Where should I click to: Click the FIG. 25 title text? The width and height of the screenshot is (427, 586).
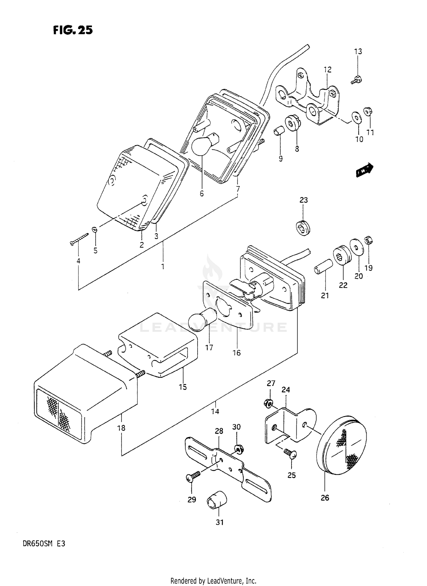click(73, 30)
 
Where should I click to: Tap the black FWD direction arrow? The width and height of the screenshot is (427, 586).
click(364, 170)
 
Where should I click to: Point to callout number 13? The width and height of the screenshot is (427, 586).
click(358, 52)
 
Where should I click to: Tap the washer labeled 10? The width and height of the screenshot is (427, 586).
click(356, 117)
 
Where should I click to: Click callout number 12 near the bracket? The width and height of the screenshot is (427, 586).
click(327, 69)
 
